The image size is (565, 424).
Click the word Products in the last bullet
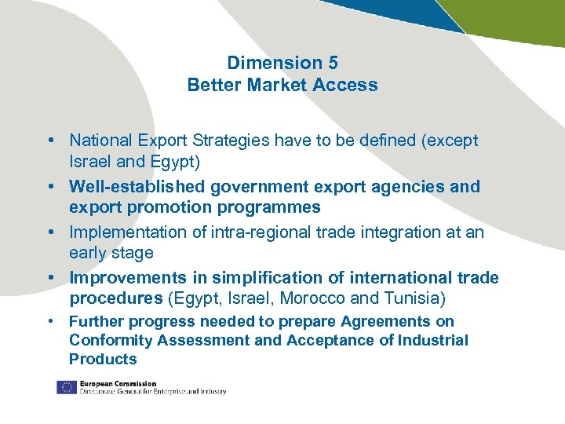[x=103, y=359]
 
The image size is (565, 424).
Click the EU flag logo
[x=66, y=387]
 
